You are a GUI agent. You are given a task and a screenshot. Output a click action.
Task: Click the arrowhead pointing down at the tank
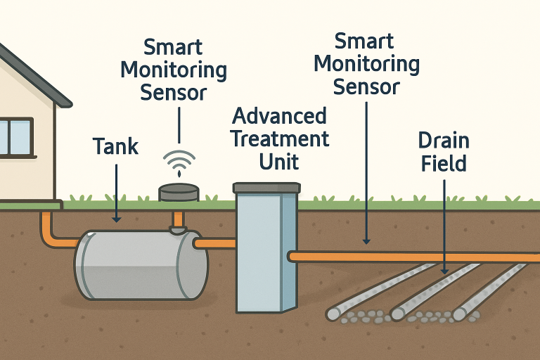tap(116, 219)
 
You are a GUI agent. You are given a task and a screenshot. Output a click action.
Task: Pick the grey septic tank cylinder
tap(141, 264)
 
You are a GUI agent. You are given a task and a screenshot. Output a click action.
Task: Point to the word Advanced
tap(279, 116)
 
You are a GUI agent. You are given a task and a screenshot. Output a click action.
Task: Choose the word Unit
tap(279, 162)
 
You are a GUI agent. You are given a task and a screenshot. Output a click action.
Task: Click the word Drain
tap(444, 141)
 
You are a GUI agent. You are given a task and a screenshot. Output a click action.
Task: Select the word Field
tap(444, 164)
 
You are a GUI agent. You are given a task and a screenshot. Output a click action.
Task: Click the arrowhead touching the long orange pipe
tap(366, 241)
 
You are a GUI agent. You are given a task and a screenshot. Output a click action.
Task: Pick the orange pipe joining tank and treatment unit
tap(214, 243)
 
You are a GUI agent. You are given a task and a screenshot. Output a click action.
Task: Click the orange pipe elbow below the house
tap(49, 239)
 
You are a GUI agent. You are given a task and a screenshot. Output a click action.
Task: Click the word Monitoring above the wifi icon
tap(174, 70)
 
